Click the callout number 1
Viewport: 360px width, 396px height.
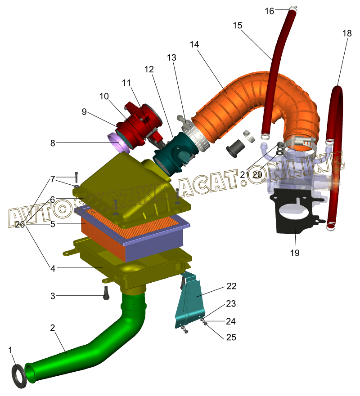click(x=10, y=349)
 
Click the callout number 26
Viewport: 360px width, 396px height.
click(x=19, y=224)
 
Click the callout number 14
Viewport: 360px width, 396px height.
click(x=194, y=44)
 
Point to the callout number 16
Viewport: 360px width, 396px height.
click(x=269, y=11)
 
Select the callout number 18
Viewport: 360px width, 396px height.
click(x=346, y=34)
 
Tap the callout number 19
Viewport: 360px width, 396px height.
click(x=294, y=253)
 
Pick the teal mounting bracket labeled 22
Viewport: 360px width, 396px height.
click(x=191, y=301)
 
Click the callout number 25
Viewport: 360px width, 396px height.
click(x=231, y=337)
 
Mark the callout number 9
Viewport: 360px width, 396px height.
click(x=84, y=112)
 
